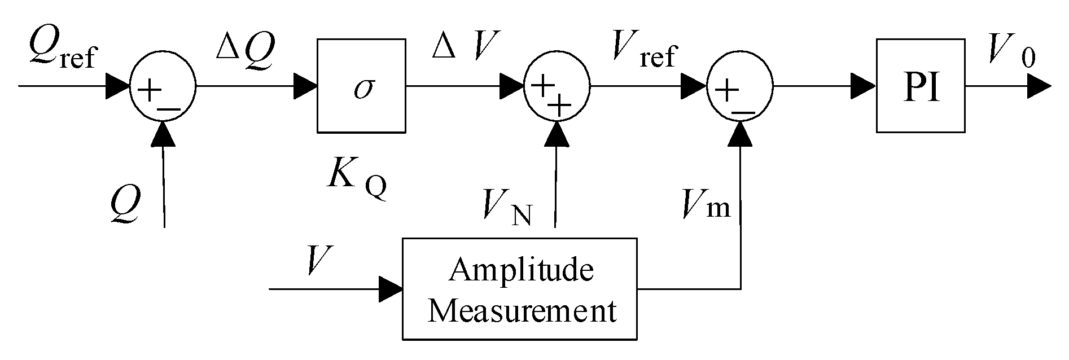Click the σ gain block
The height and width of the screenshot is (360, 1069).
tap(361, 86)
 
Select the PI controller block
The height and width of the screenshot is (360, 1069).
tap(920, 86)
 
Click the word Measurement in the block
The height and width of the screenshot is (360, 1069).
tap(521, 310)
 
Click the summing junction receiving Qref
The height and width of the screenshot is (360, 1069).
tap(163, 87)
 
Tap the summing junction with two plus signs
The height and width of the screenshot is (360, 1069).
tap(557, 87)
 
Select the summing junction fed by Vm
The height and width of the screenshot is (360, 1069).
tap(741, 87)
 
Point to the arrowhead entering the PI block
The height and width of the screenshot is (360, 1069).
tap(864, 87)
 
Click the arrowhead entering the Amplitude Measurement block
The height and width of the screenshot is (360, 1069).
tap(390, 289)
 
